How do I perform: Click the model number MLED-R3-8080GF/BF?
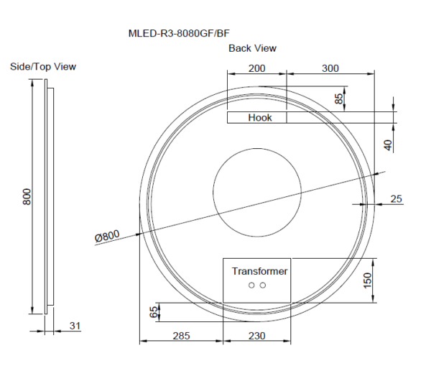[178, 32]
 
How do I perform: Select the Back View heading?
[252, 48]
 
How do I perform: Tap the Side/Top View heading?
[43, 67]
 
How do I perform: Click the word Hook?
[259, 118]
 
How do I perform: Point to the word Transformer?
[259, 271]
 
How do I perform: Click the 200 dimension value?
[257, 68]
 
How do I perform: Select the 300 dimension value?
[330, 68]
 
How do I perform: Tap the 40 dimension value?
[388, 145]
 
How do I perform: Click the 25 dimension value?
[396, 198]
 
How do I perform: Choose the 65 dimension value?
[152, 311]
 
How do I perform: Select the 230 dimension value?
[256, 335]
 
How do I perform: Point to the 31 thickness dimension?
[75, 326]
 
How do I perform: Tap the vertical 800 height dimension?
[27, 196]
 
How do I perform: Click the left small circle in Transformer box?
[252, 285]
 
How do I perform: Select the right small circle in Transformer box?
[263, 285]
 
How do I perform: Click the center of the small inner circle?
[256, 193]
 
